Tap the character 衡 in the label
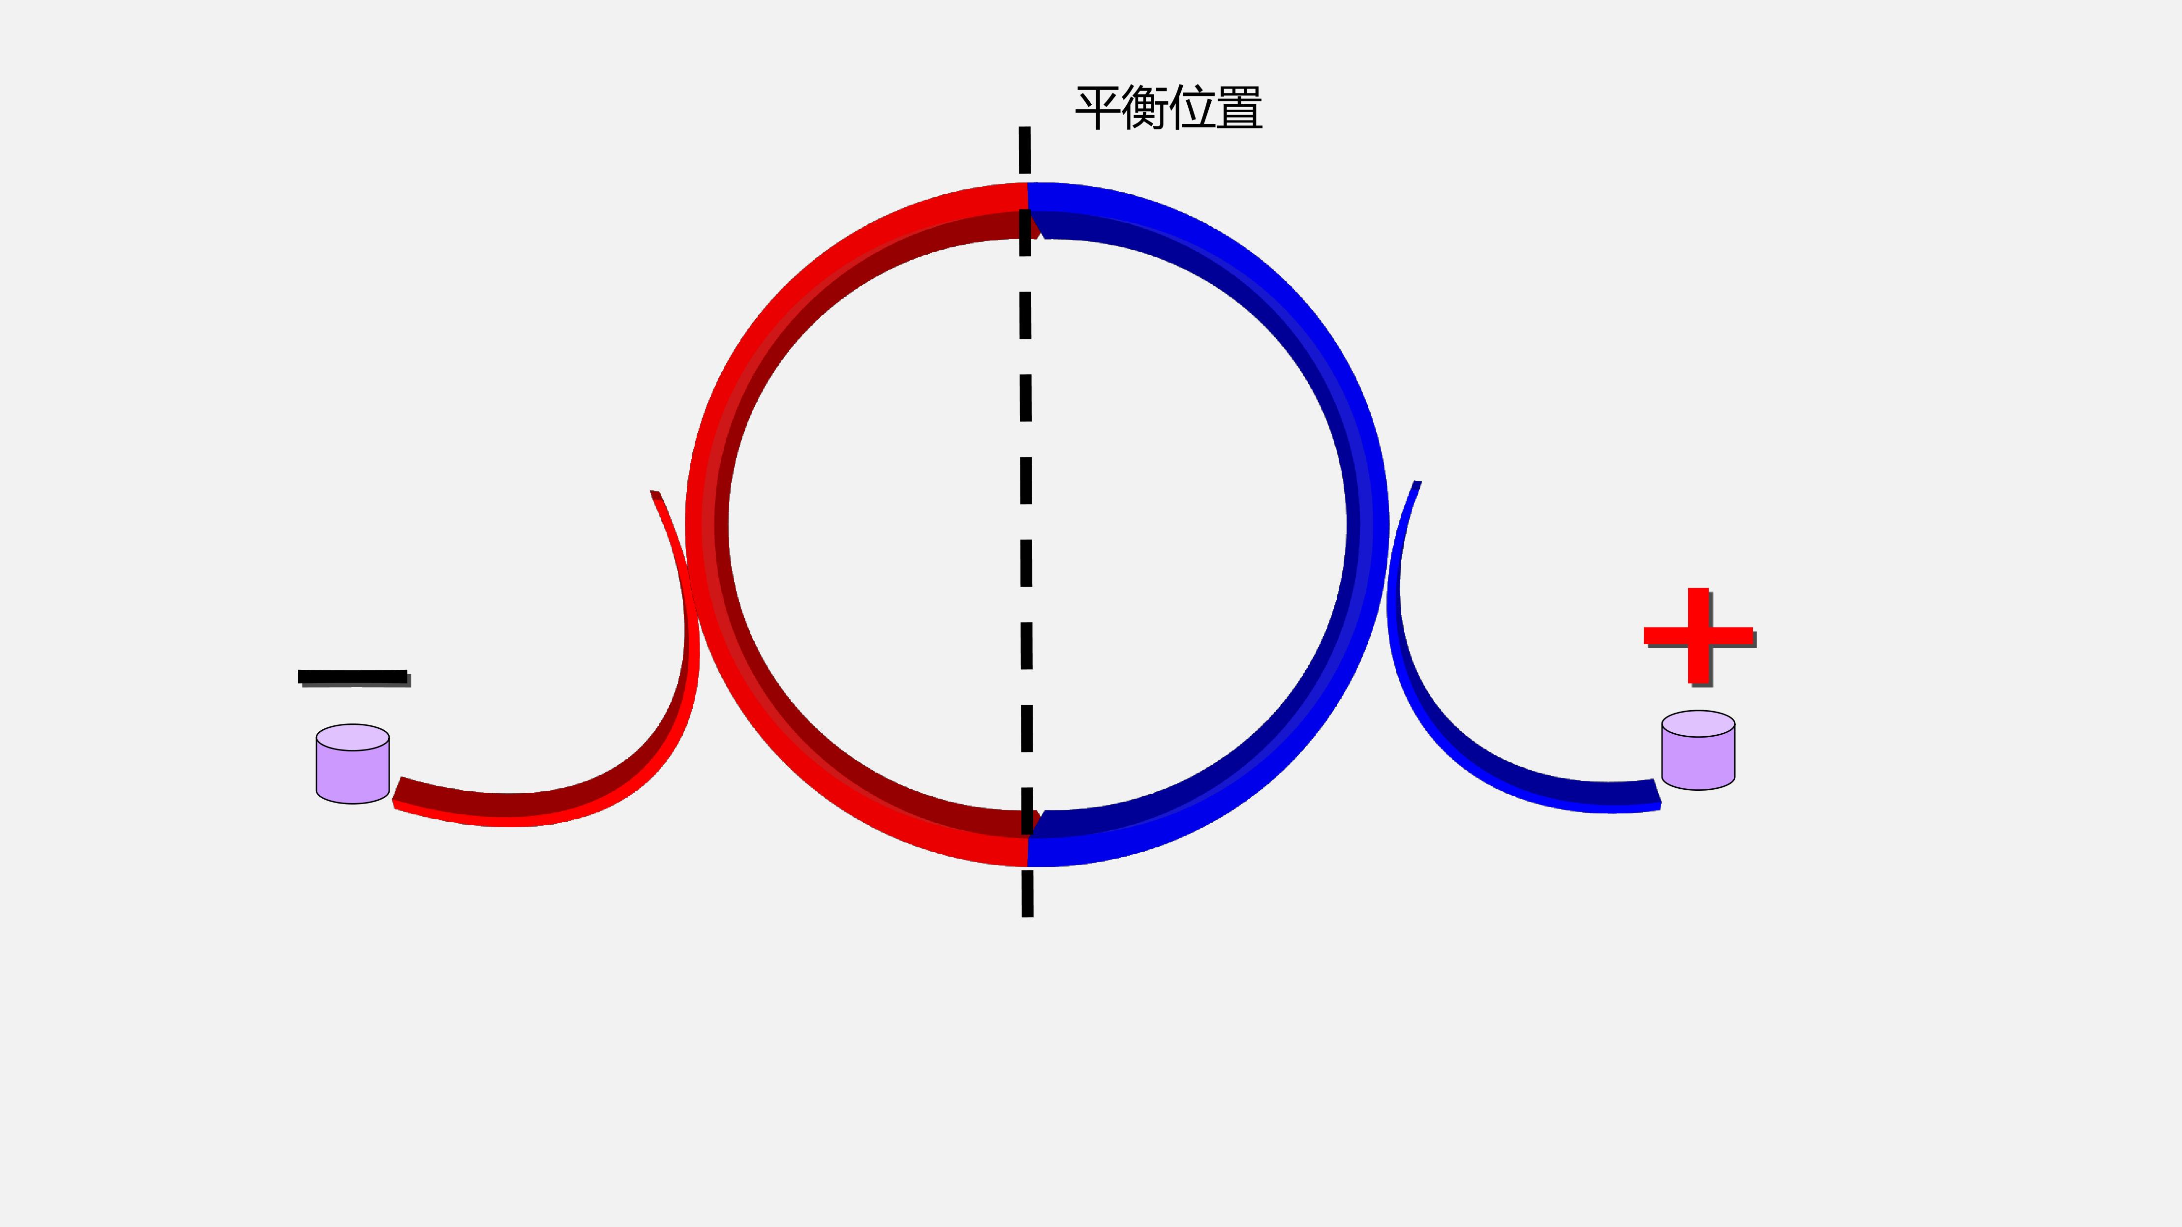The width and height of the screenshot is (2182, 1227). coord(1145,108)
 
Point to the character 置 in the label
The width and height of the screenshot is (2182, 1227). coord(1239,108)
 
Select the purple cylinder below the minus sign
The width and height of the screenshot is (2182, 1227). coord(352,764)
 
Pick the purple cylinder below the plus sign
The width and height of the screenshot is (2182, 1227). coord(1698,750)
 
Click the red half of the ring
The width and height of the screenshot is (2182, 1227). coord(708,525)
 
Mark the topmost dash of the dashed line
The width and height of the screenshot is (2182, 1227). coord(1025,150)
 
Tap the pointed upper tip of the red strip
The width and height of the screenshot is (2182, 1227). coord(654,491)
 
